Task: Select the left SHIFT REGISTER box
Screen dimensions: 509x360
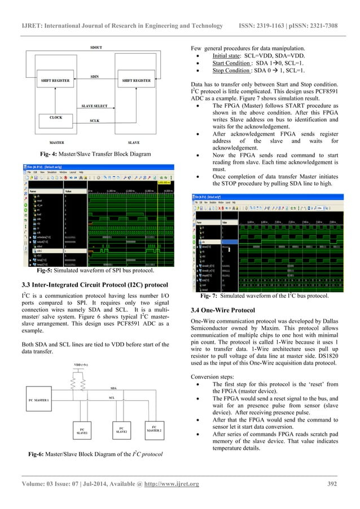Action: (55, 81)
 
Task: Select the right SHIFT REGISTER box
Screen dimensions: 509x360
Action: (136, 81)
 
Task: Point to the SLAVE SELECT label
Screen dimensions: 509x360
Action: (95, 106)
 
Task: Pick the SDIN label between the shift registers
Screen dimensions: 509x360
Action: (95, 76)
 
